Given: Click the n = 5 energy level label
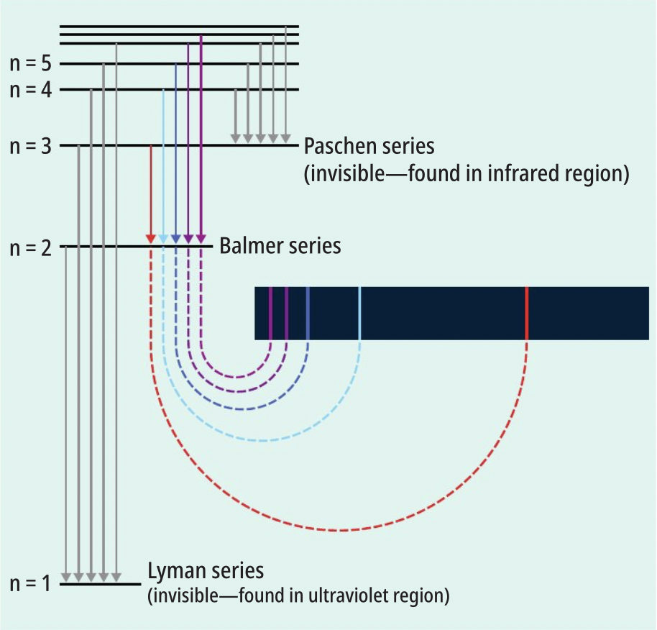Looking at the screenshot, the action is [x=31, y=63].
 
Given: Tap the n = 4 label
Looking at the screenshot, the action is [x=31, y=90].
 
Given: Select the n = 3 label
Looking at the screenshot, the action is [x=31, y=146].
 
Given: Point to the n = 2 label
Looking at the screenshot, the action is [x=31, y=247].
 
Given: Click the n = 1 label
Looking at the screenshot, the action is [x=30, y=583].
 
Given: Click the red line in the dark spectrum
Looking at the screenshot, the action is [x=527, y=313].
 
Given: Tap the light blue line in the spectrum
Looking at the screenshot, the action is [x=359, y=313].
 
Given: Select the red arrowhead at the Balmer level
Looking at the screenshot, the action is [x=151, y=239].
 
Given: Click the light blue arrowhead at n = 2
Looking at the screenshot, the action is [x=163, y=239].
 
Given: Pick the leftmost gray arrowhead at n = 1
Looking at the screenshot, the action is [x=66, y=577].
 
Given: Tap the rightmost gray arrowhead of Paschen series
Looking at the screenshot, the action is [x=286, y=139].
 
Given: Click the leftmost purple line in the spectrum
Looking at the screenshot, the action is [x=270, y=313].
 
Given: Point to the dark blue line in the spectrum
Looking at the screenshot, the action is [x=308, y=313].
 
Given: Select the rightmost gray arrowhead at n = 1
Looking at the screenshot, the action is [x=116, y=577].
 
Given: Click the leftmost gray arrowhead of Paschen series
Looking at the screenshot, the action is [x=236, y=139].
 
